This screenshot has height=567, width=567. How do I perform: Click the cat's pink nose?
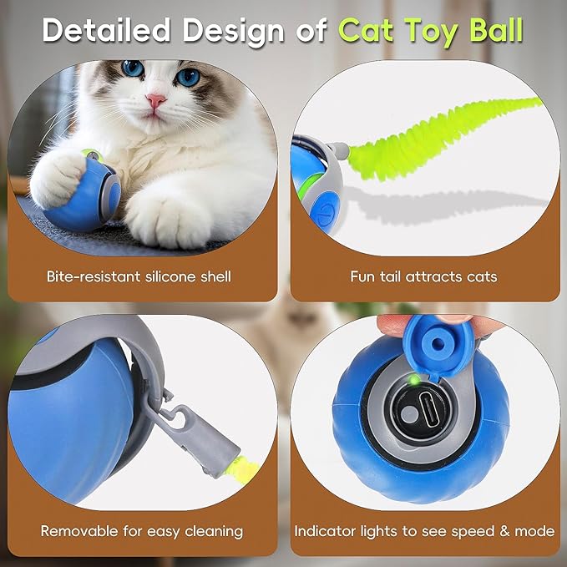pos(156,101)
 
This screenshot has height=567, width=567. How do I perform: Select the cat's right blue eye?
pos(189,76)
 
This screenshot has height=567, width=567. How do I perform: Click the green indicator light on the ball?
pos(413,381)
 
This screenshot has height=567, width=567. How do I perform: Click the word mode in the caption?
pos(534,530)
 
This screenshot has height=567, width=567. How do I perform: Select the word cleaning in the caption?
pos(212,530)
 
